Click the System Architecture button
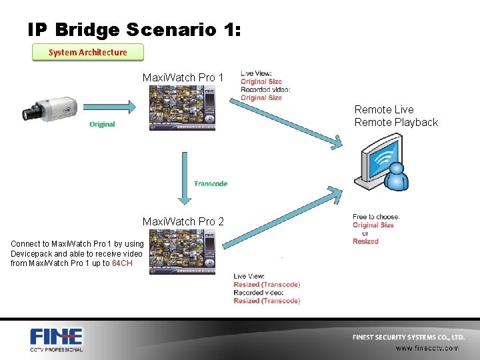point(88,52)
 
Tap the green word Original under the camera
point(102,125)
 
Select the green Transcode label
point(211,183)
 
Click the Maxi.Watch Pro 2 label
point(183,221)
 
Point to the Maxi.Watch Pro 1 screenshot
point(183,105)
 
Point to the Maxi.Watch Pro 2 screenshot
point(183,252)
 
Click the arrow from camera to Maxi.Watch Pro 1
point(114,104)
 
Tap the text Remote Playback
point(396,122)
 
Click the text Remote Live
point(384,109)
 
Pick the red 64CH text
point(123,263)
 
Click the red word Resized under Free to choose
point(365,241)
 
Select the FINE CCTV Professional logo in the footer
point(57,339)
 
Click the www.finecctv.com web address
point(427,348)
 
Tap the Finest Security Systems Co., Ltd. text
point(409,337)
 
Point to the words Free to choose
point(376,217)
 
